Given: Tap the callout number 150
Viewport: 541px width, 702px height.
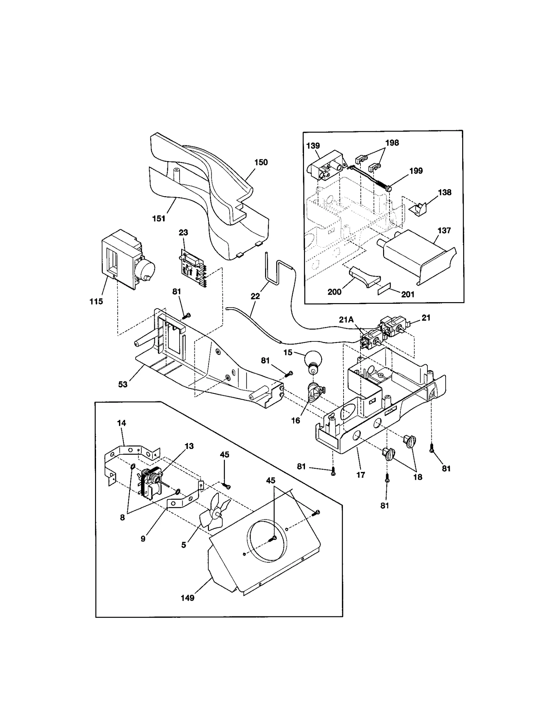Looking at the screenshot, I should click(261, 162).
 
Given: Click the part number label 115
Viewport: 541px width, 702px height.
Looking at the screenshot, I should click(96, 301).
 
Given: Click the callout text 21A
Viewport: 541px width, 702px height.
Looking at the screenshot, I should click(346, 320).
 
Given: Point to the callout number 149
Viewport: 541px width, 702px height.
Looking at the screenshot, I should click(187, 598).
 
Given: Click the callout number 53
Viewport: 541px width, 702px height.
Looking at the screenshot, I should click(123, 384).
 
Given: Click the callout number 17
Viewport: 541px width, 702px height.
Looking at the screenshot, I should click(361, 475).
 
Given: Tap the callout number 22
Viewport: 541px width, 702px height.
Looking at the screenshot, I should click(255, 296).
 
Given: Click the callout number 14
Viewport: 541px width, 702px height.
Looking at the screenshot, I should click(121, 423).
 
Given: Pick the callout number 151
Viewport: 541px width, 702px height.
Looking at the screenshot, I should click(159, 219).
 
